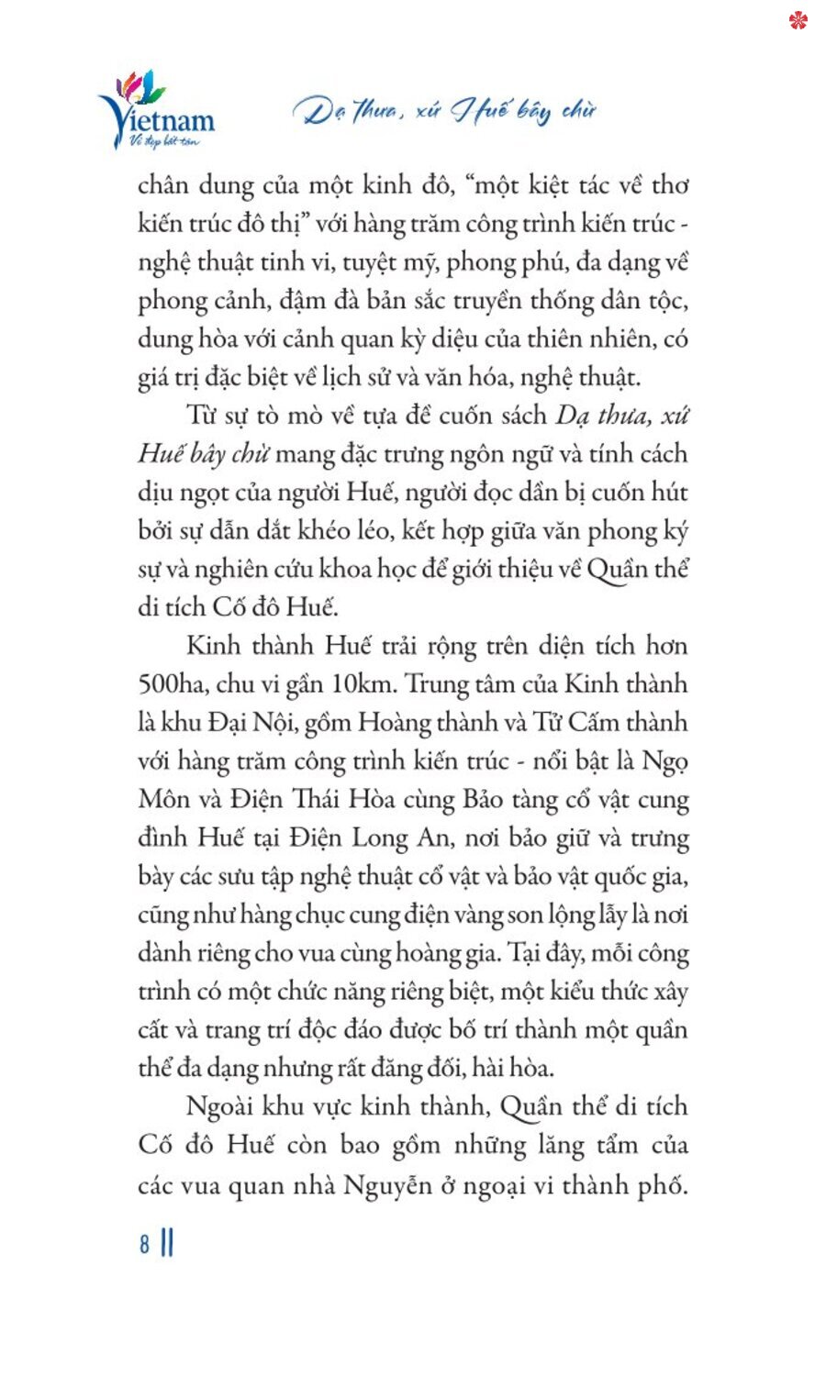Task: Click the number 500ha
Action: pyautogui.click(x=170, y=684)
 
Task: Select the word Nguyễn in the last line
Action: pyautogui.click(x=387, y=1185)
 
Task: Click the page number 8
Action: pyautogui.click(x=144, y=1244)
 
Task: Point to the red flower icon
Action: pyautogui.click(x=798, y=19)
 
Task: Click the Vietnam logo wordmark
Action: pyautogui.click(x=161, y=119)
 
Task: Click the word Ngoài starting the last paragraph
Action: pyautogui.click(x=223, y=1106)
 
